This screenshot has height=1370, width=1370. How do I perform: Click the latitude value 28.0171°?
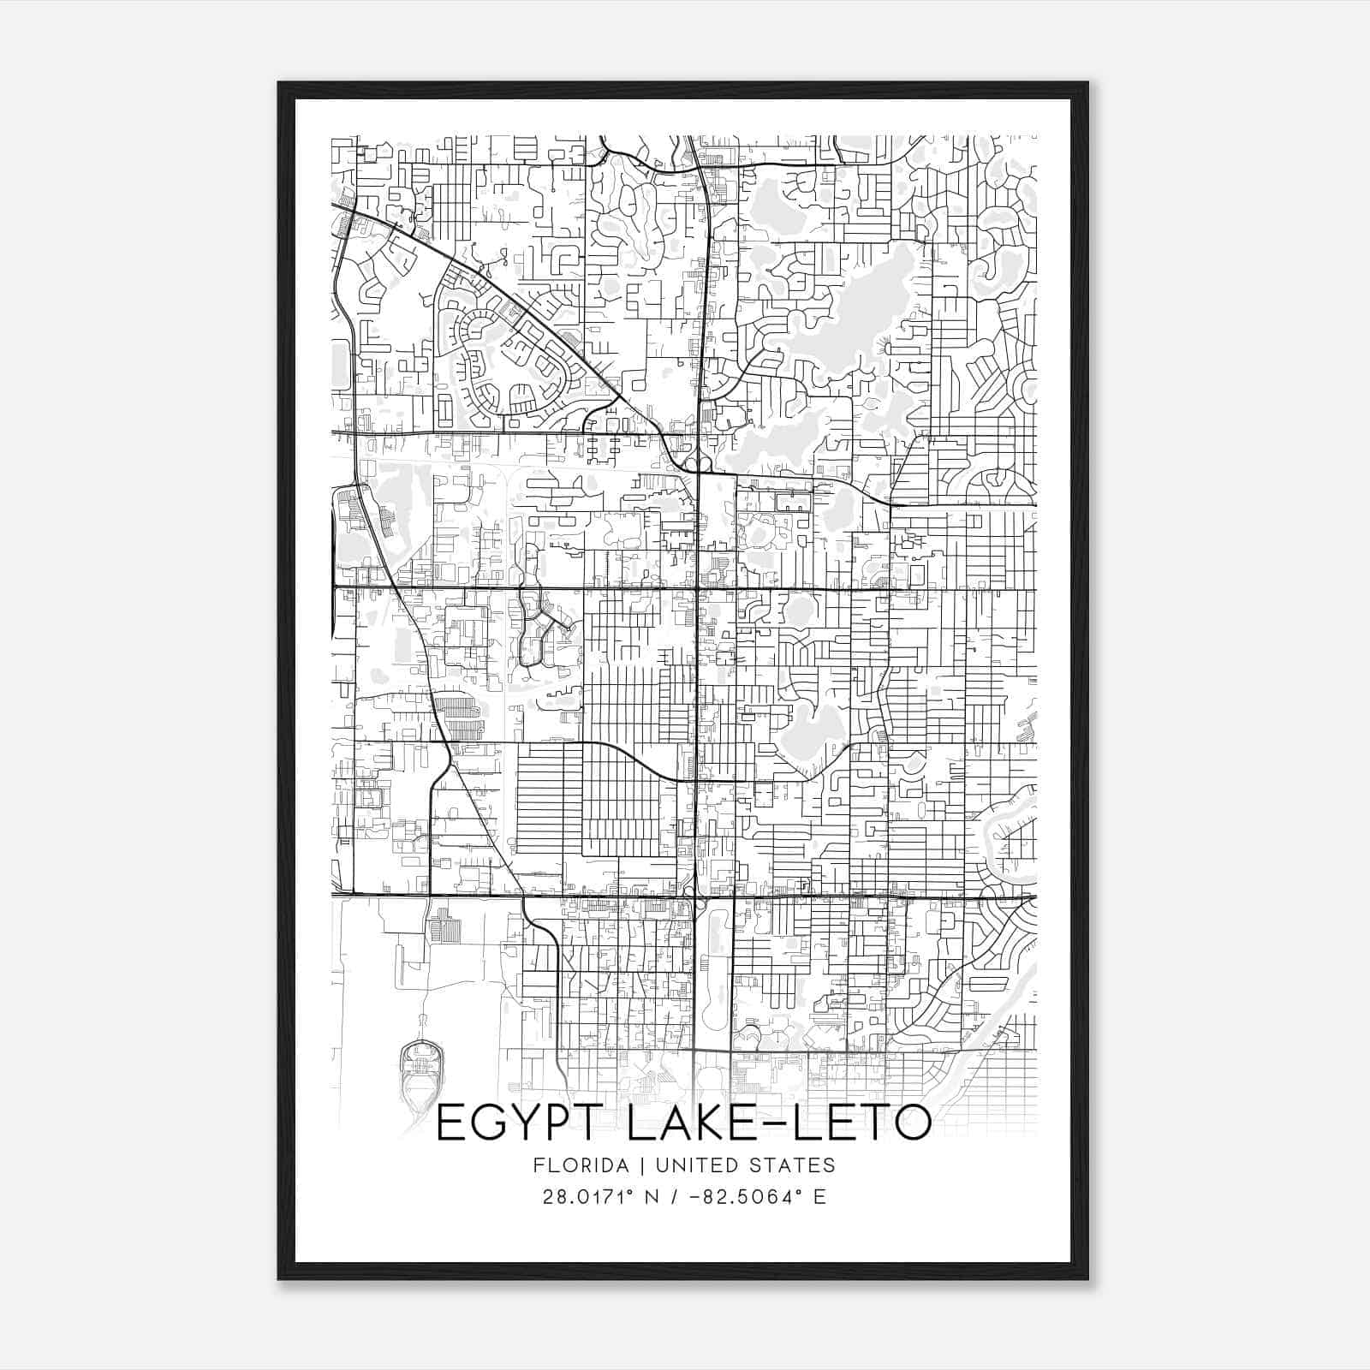(x=582, y=1196)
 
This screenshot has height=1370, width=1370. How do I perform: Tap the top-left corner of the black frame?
(x=279, y=83)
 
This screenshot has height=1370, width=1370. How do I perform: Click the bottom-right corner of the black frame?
(x=1087, y=1278)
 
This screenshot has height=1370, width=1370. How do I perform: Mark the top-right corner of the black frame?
(x=1087, y=83)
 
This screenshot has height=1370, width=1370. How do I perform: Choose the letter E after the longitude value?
(x=820, y=1196)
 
